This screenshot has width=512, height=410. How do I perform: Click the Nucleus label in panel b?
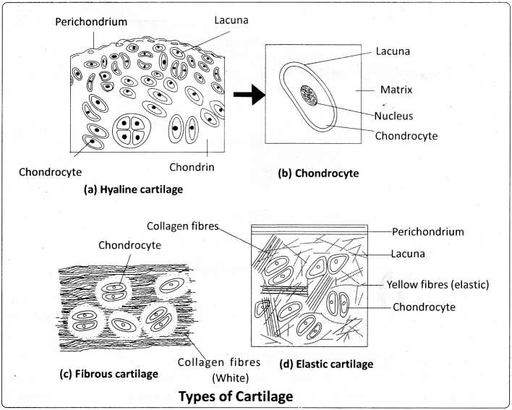(393, 115)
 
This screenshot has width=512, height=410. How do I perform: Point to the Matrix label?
(396, 92)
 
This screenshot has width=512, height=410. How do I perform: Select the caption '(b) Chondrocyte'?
(319, 174)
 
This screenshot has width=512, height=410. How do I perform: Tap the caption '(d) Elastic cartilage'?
(325, 364)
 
